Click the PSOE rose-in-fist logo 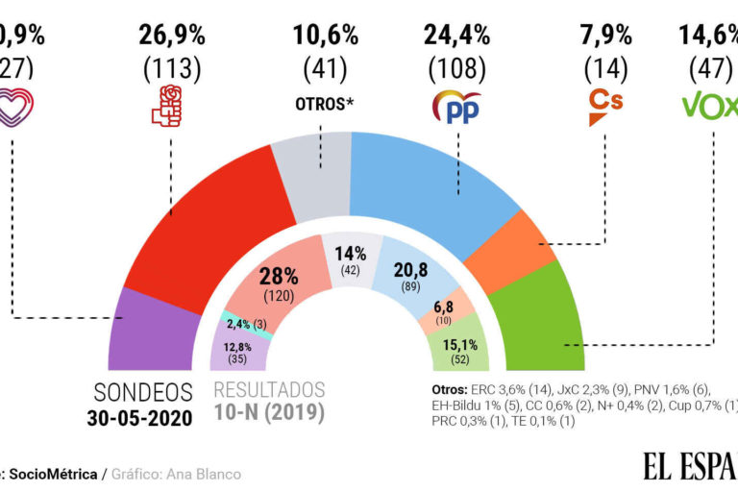[x=172, y=107]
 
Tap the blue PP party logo [x=457, y=107]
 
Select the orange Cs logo [x=606, y=108]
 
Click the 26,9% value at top [x=173, y=36]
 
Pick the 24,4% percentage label [x=457, y=36]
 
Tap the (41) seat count [x=325, y=69]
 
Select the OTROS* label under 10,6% [x=325, y=102]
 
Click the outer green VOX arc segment [x=543, y=327]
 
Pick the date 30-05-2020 [x=142, y=418]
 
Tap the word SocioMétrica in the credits [x=59, y=474]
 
